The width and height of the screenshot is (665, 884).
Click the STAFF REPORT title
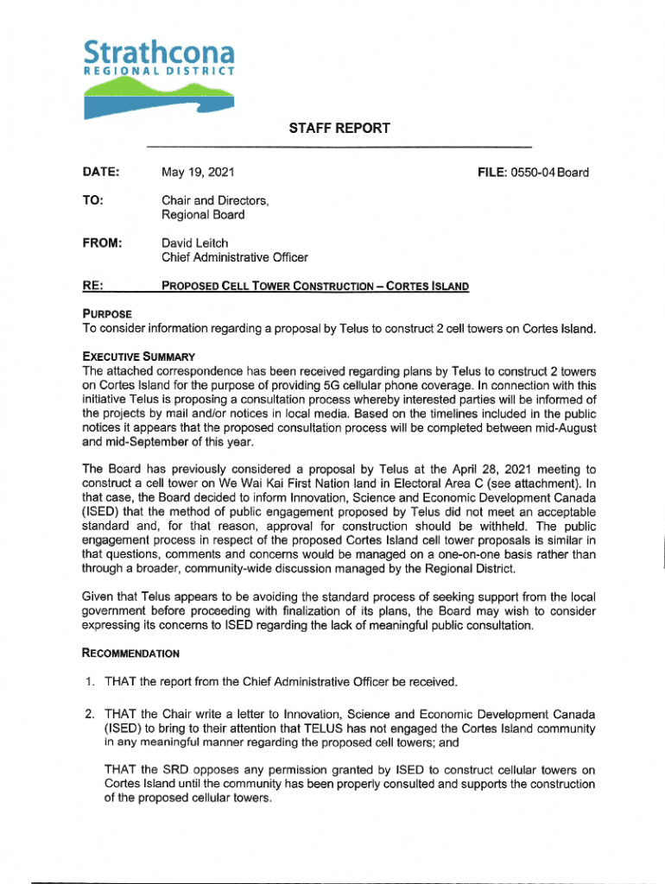pos(339,129)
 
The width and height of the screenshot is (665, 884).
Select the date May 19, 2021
pos(198,173)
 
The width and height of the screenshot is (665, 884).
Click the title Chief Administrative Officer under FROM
pos(235,257)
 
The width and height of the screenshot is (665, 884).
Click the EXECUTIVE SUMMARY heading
pos(138,357)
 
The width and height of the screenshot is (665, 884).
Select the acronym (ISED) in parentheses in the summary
pos(101,510)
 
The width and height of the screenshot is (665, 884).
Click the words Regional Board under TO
pos(203,214)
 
